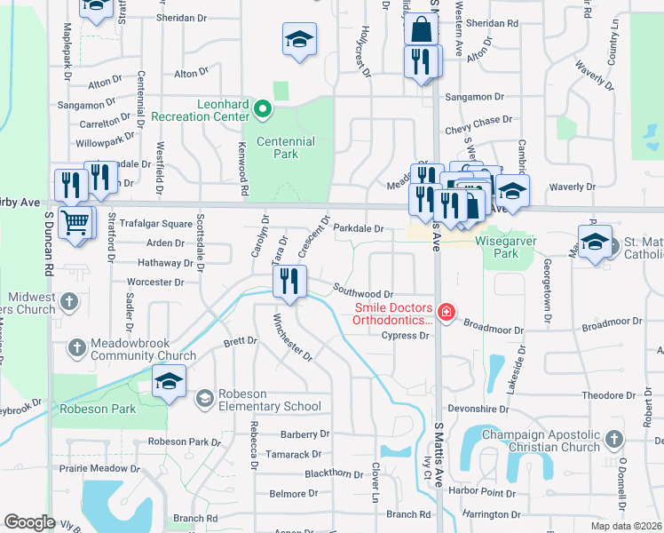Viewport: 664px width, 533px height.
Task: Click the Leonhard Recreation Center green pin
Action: point(262,110)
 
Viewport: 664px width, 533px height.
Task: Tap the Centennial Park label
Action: point(285,147)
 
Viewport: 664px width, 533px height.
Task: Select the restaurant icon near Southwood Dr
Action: point(289,282)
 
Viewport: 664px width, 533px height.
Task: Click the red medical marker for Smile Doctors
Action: point(446,312)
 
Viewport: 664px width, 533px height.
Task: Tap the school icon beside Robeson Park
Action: point(169,381)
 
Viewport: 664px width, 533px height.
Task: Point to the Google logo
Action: point(29,522)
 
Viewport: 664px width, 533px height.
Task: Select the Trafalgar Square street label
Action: point(156,224)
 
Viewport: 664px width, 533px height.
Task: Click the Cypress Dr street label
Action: point(405,336)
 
